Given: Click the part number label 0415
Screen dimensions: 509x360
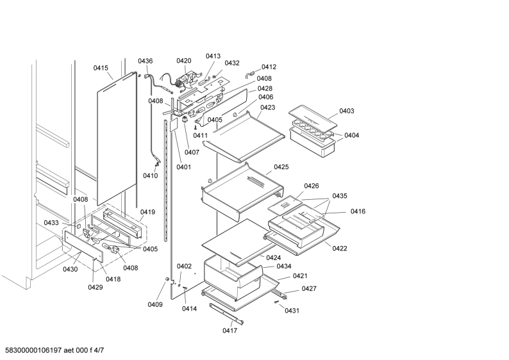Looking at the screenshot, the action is click(101, 68).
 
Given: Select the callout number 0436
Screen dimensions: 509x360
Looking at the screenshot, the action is click(145, 61).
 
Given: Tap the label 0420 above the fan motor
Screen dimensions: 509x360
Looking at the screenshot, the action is click(184, 61).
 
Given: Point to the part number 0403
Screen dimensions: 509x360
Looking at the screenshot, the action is click(347, 111).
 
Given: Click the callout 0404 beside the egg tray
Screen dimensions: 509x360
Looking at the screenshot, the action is click(352, 135).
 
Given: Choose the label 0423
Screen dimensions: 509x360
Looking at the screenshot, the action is click(267, 108).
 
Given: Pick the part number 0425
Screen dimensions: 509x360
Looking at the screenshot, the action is click(281, 167).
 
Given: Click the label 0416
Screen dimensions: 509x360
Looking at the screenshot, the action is click(358, 211).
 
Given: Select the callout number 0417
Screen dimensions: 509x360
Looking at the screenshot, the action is click(230, 331).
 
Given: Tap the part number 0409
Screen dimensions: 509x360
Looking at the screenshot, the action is click(155, 304).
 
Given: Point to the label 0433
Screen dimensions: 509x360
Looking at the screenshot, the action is click(51, 223).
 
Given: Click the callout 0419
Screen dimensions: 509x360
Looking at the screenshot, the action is click(147, 212).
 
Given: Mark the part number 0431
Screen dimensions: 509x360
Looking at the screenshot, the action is click(292, 311).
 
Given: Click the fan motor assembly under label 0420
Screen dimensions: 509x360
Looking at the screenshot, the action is click(185, 82).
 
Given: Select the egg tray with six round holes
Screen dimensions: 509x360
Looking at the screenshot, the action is click(312, 127).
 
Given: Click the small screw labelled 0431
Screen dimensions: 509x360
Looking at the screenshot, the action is click(276, 302).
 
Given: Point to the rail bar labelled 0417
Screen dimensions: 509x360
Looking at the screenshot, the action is click(226, 314).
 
